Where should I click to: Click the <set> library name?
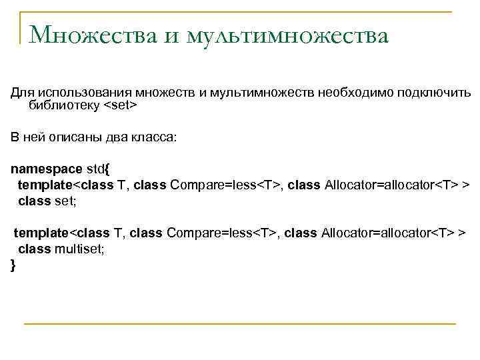[120, 105]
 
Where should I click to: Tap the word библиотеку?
[64, 105]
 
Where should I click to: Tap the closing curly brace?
[13, 265]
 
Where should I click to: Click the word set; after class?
[65, 199]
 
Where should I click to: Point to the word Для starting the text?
[22, 93]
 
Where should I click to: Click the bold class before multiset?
[33, 249]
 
